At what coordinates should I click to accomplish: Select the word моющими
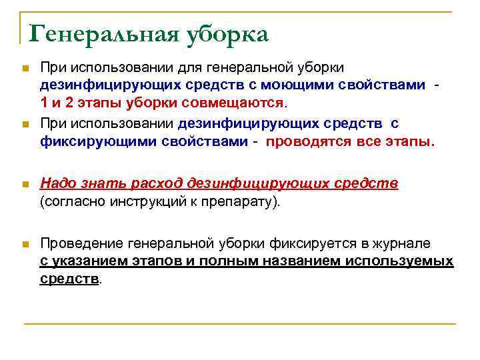coord(286,85)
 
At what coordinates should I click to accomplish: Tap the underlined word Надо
coord(57,183)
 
